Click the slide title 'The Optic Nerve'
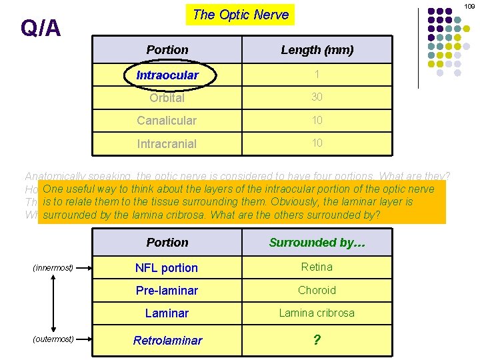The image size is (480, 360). (x=241, y=15)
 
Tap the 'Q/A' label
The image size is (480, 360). (x=41, y=28)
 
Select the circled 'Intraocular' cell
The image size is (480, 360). (x=167, y=75)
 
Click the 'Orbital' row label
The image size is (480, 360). (x=167, y=98)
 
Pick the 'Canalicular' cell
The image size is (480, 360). (x=167, y=121)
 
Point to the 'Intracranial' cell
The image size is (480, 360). (x=167, y=143)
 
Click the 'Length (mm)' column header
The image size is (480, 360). (x=317, y=50)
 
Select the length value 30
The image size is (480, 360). (x=317, y=97)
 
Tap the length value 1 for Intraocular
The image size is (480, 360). (x=317, y=75)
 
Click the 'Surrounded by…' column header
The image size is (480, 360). (x=317, y=243)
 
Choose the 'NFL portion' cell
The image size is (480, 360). (x=167, y=268)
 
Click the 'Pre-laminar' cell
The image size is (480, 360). (x=167, y=291)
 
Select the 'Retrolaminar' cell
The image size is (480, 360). (x=167, y=341)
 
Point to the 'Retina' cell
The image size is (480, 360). (x=317, y=267)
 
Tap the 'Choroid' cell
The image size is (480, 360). (x=317, y=290)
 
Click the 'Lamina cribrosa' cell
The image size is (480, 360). (x=317, y=313)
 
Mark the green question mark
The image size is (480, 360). (x=317, y=340)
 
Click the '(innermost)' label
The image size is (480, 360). (x=53, y=268)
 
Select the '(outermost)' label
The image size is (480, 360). (x=53, y=339)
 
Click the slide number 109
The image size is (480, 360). (x=469, y=6)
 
